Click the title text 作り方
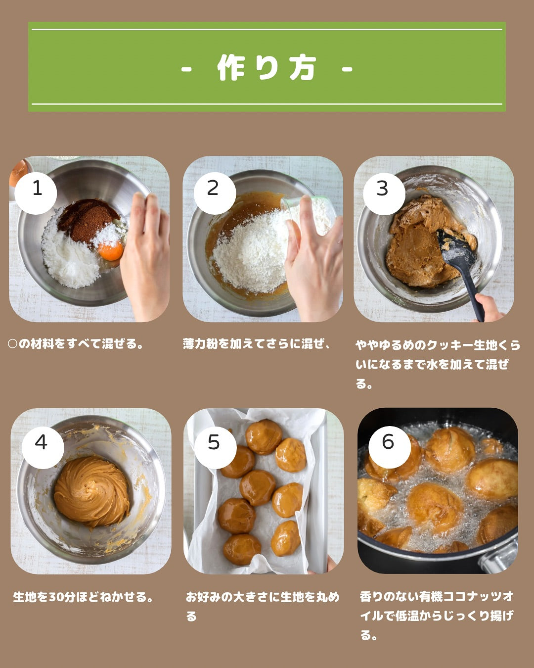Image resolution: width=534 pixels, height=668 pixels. pos(267,68)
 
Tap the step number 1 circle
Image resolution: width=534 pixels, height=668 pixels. pos(36,193)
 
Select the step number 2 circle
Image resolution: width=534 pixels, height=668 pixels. pos(215,193)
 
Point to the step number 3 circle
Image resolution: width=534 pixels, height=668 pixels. pos(384,193)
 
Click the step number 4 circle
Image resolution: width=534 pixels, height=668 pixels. pos(43,447)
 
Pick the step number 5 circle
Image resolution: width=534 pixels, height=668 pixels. pos(216,447)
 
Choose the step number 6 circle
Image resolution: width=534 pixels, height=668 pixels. pos(390,447)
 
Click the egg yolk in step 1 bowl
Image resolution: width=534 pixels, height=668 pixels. pos(111,251)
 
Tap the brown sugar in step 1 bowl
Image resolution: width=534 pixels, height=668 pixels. pos(88,220)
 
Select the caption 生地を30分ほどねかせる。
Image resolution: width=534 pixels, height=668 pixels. pos(83,597)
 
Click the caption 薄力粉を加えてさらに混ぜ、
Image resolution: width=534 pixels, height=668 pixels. pos(256,343)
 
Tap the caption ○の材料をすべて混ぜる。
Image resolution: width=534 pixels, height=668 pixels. pos(75,343)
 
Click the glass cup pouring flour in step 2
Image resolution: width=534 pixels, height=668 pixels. pos(307,217)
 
